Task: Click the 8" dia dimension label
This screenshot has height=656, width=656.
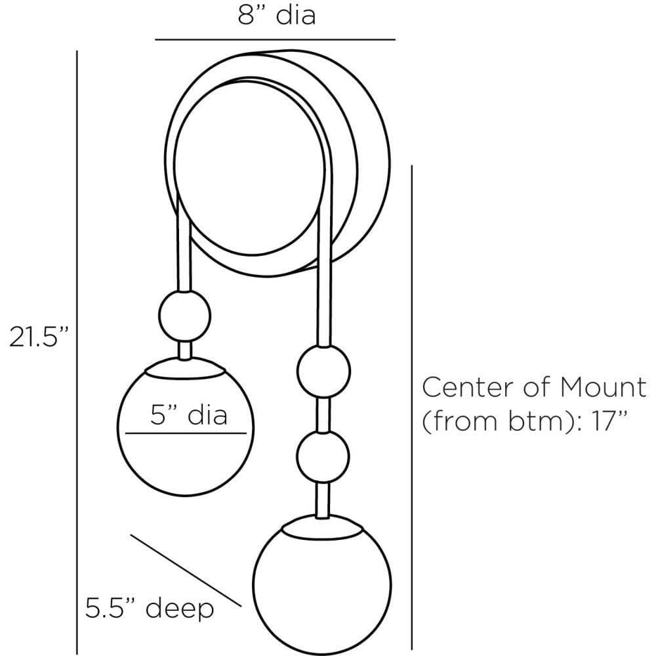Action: point(276,14)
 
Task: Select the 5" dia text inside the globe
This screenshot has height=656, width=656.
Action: point(189,415)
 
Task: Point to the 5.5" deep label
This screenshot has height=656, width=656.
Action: point(150,609)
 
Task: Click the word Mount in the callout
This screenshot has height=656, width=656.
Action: point(602,388)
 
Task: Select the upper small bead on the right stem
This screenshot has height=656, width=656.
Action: point(321,371)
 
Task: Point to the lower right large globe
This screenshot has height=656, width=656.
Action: point(321,584)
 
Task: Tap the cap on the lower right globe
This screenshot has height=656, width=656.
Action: point(321,525)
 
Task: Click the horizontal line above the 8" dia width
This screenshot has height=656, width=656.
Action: point(276,40)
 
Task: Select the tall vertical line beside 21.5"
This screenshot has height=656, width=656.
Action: point(77,354)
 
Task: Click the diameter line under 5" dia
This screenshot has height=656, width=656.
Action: point(186,434)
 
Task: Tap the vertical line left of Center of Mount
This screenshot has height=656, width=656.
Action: point(411,407)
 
